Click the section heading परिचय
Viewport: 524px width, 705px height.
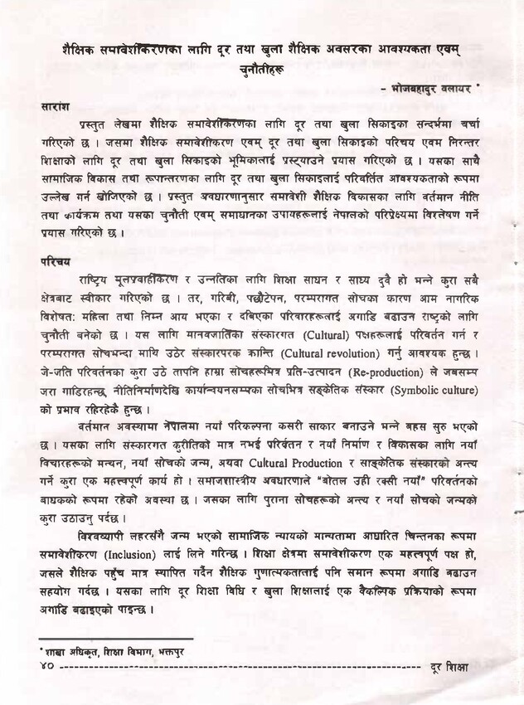click(x=55, y=260)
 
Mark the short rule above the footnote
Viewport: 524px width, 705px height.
click(x=115, y=639)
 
